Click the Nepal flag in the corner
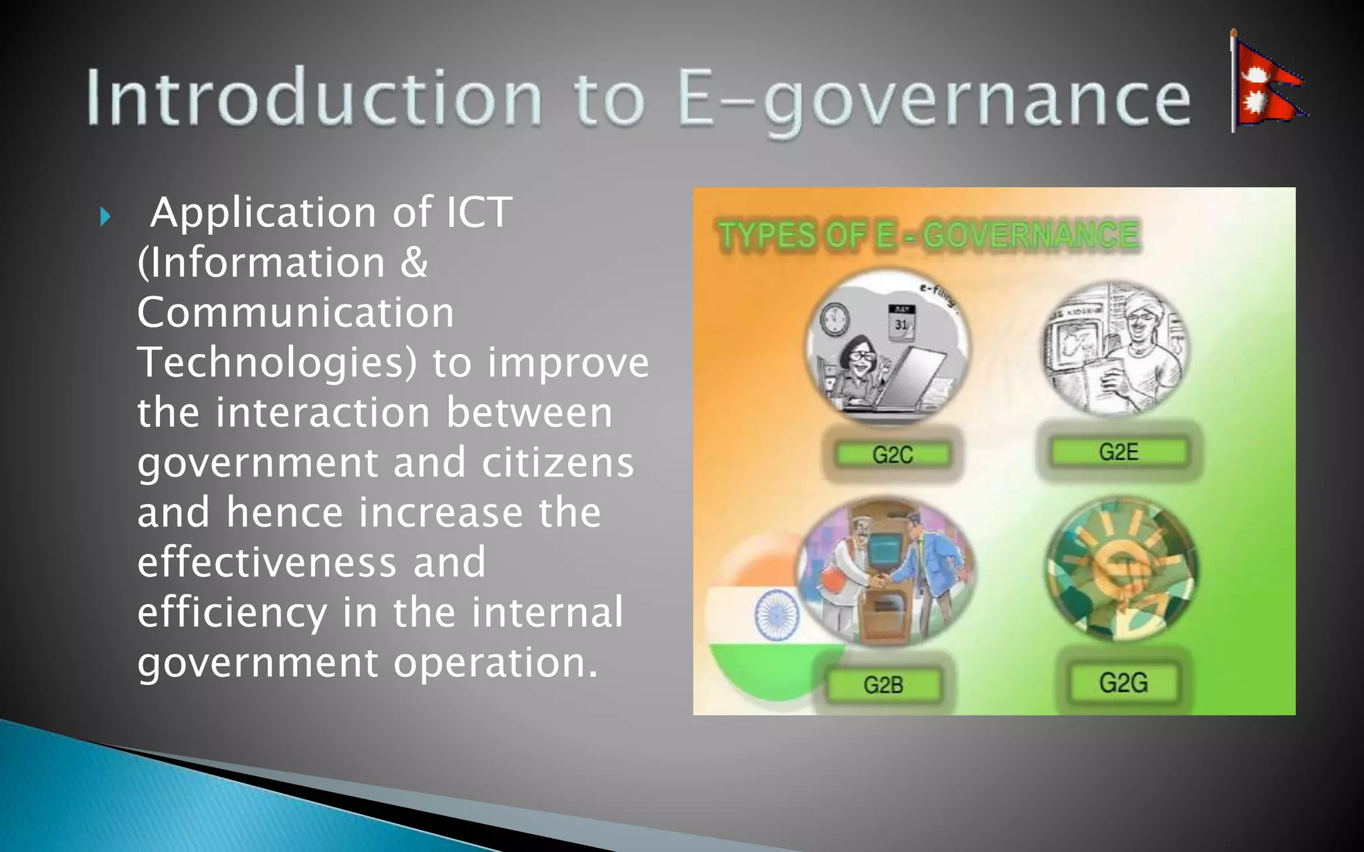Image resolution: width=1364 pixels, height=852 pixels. click(x=1267, y=83)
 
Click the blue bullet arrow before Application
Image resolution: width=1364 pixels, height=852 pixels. click(x=105, y=216)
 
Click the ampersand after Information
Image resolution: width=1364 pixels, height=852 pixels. click(x=414, y=262)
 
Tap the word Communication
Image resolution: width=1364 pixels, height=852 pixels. click(x=296, y=313)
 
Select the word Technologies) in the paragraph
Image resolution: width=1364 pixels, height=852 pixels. click(x=277, y=363)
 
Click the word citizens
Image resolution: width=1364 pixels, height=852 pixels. click(x=557, y=463)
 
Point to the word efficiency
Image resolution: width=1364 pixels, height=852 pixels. click(x=232, y=613)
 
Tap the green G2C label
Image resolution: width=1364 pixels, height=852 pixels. click(x=892, y=455)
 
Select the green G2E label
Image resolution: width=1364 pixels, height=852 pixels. click(x=1119, y=452)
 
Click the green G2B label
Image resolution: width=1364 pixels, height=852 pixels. click(x=884, y=685)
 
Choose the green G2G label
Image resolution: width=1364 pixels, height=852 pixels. click(x=1124, y=683)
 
